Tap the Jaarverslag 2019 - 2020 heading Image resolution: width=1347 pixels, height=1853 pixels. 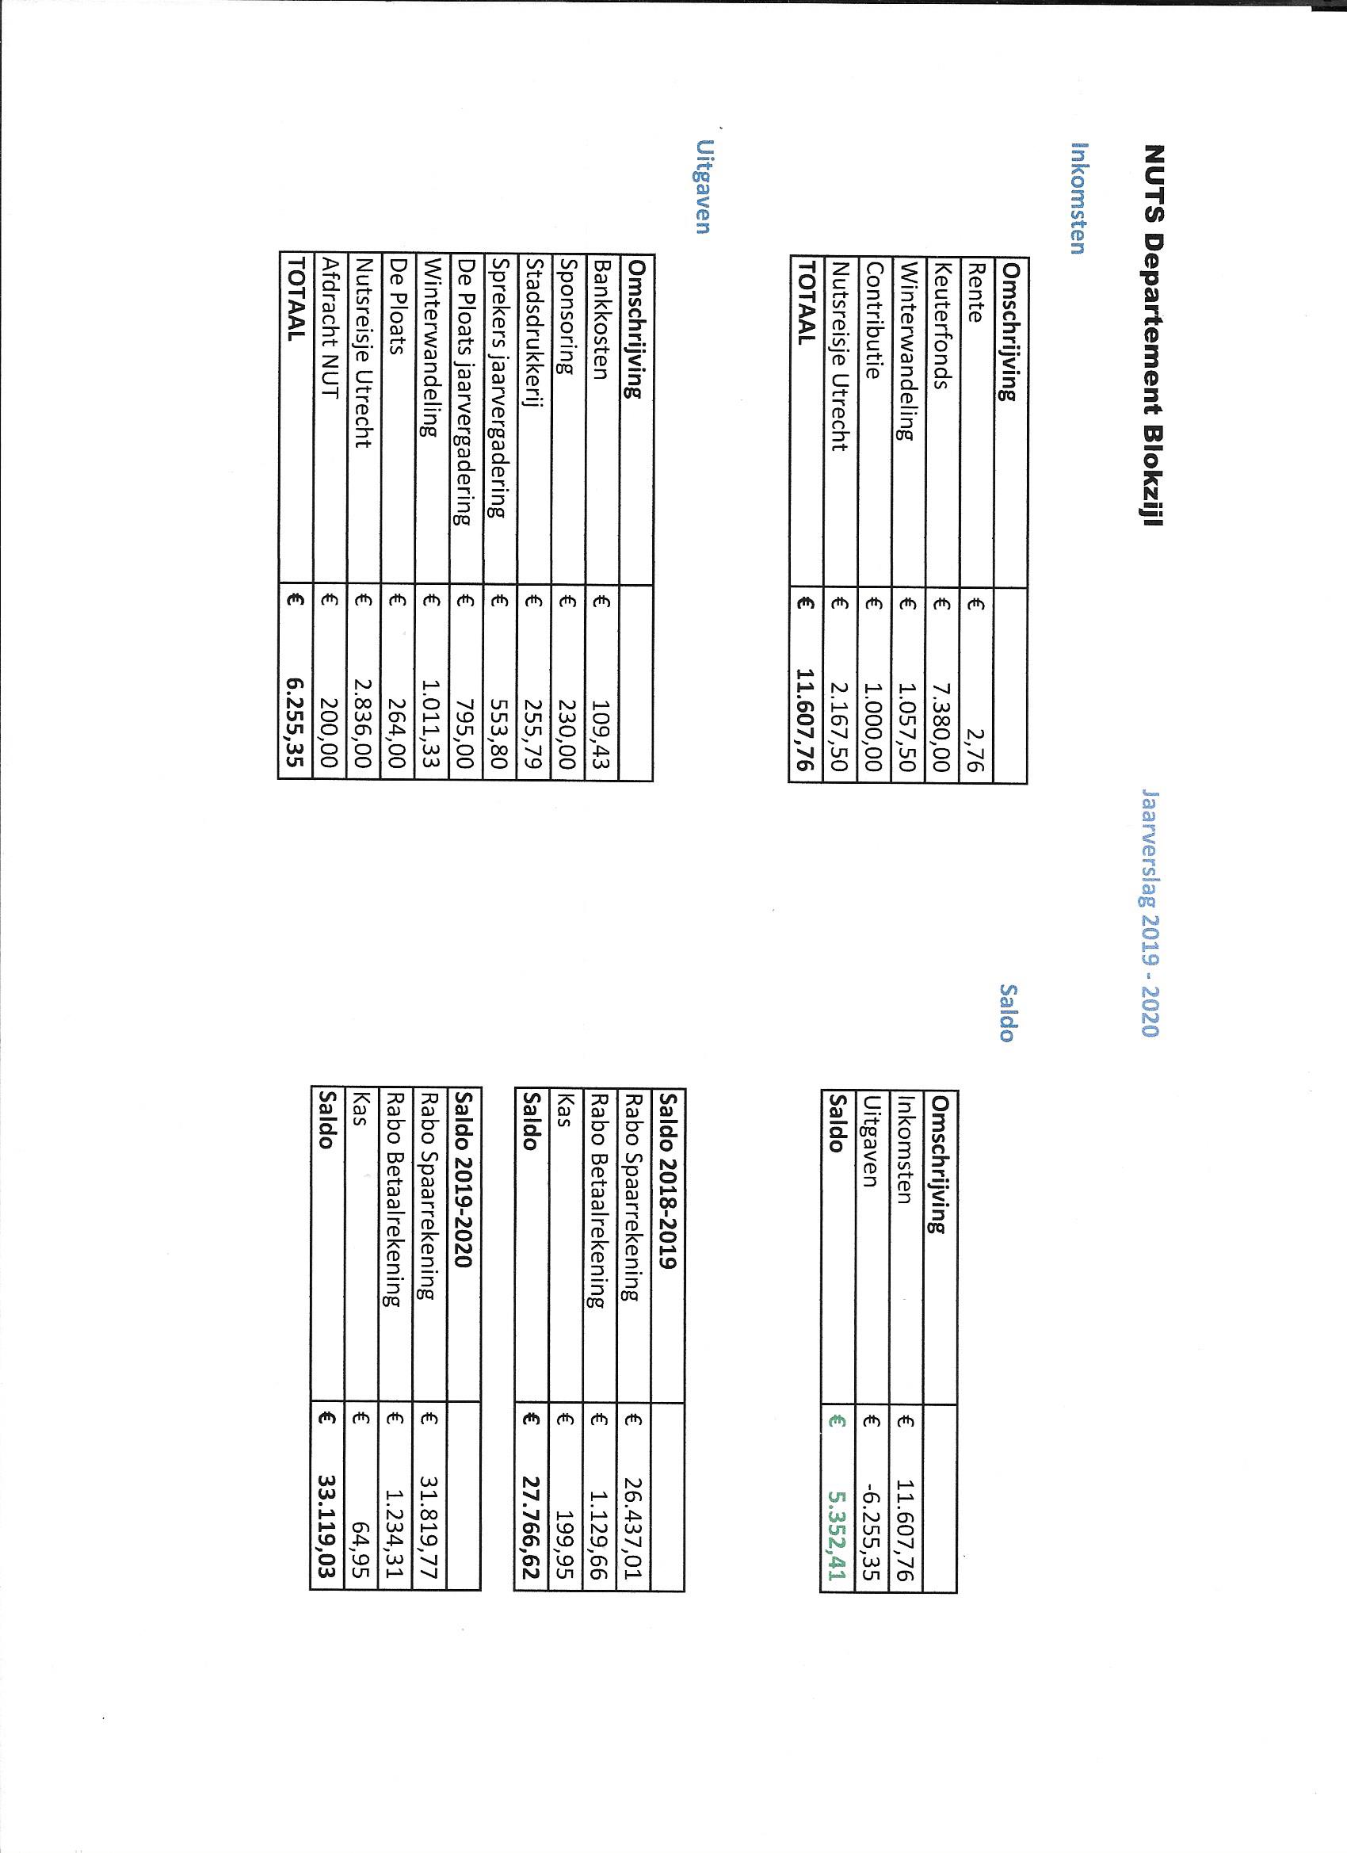(x=1152, y=912)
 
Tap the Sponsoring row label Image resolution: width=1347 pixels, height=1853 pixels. (x=567, y=317)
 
